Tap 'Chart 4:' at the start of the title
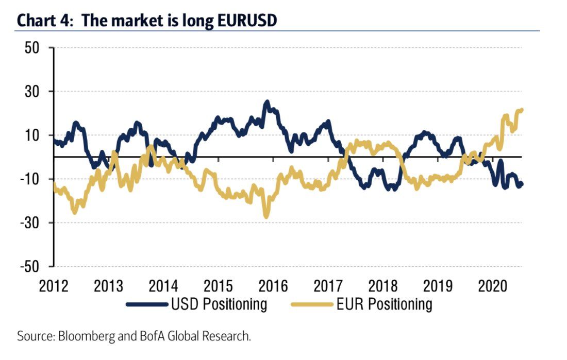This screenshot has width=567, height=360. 46,21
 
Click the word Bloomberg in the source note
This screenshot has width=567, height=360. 81,337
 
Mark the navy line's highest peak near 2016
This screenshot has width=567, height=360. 266,102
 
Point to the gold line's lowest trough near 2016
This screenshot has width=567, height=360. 266,216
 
